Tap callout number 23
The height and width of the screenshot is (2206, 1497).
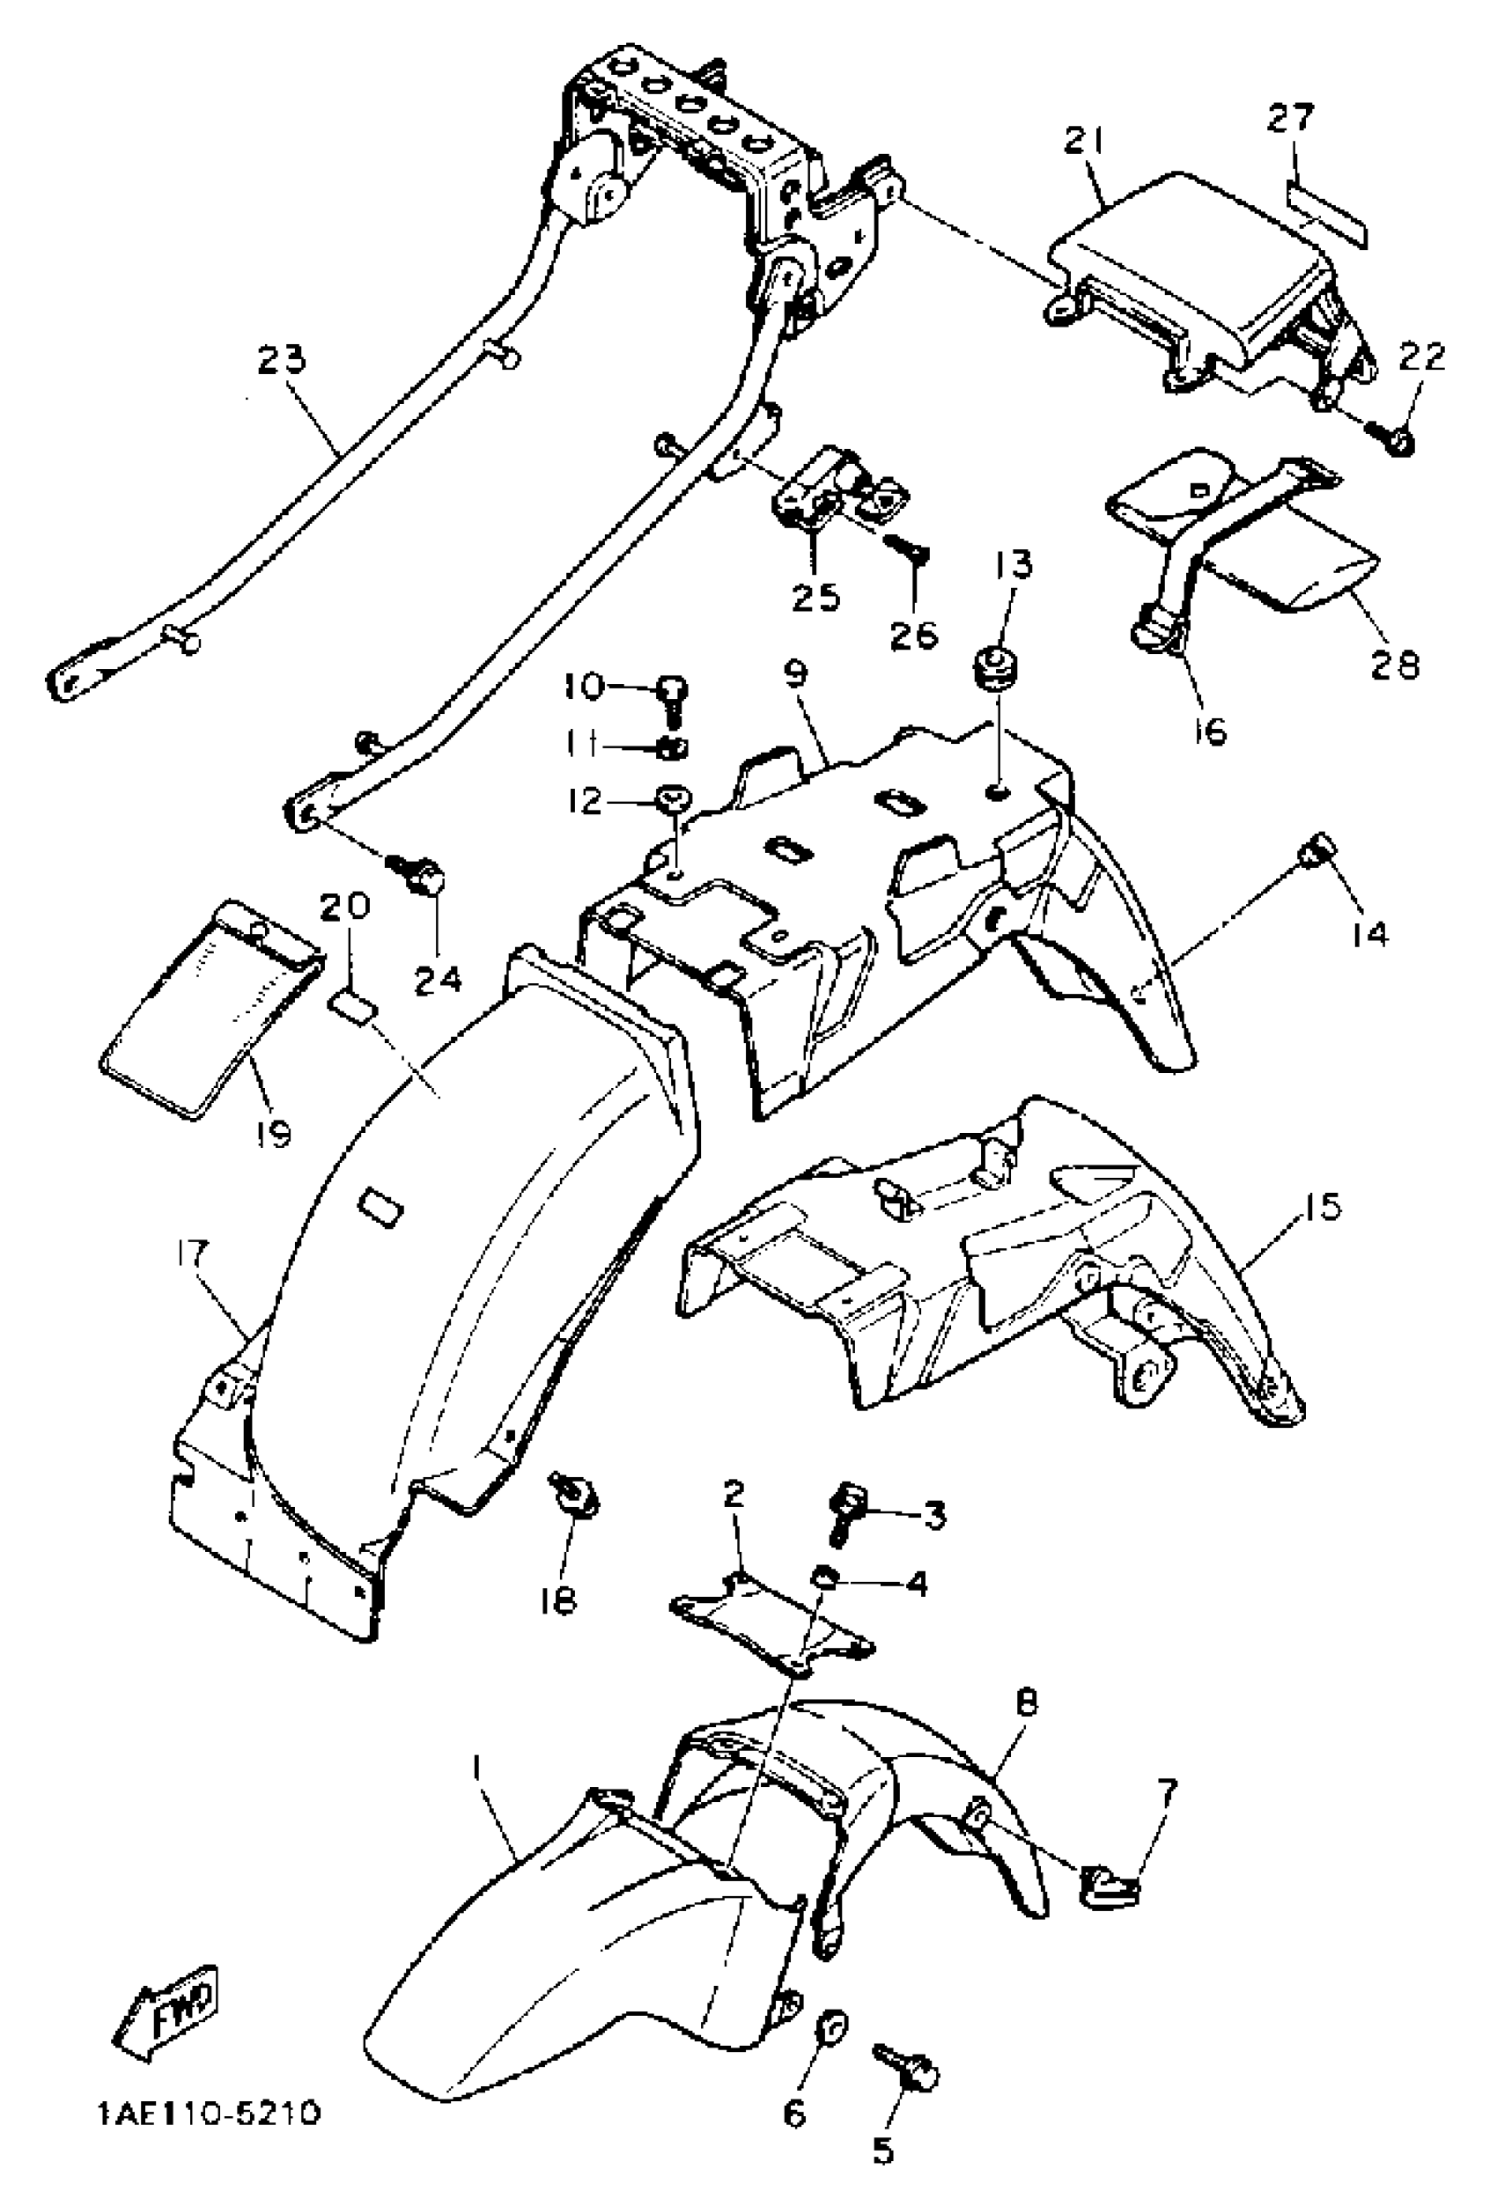pos(282,362)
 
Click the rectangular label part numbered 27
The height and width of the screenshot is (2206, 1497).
pos(1327,210)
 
